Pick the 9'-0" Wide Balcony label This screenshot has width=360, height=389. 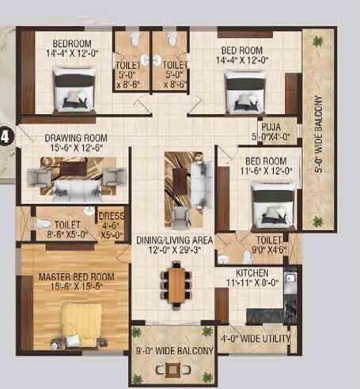coord(173,350)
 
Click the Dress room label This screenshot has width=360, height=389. coord(109,215)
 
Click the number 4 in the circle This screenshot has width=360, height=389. coord(6,136)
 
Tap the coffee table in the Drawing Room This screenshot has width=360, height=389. coord(72,168)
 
